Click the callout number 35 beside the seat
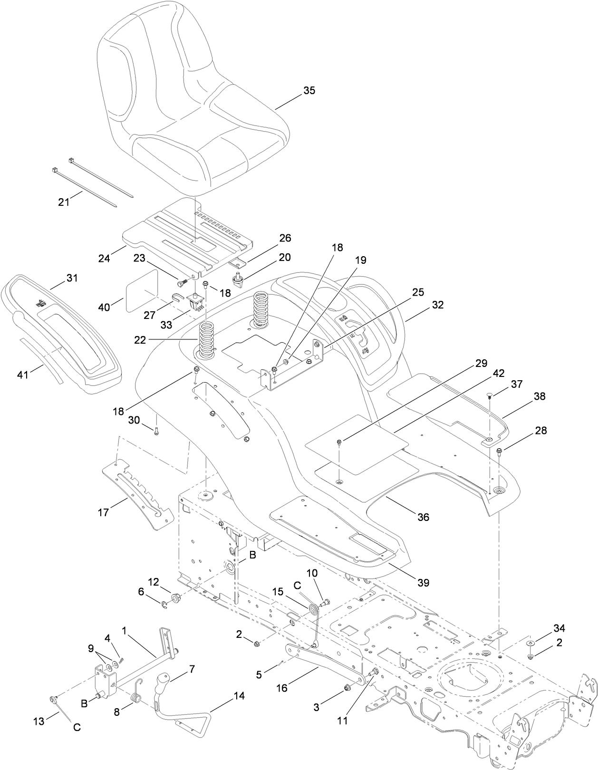(309, 91)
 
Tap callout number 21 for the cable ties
(64, 202)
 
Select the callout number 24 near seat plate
(104, 259)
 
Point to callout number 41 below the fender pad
(23, 375)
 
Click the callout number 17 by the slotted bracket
(104, 512)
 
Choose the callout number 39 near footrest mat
(423, 582)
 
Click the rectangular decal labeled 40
(142, 291)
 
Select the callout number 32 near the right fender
(438, 305)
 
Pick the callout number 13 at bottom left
(39, 721)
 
